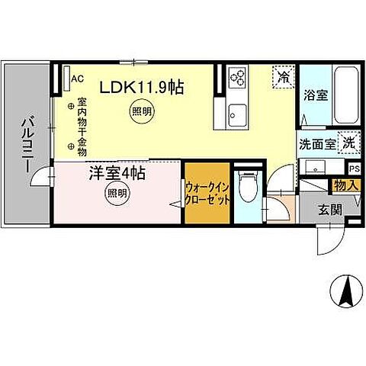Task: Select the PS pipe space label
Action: pos(353,168)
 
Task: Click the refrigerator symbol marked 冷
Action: pos(282,78)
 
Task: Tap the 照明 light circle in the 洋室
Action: pos(117,194)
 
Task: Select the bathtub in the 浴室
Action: pos(346,96)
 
